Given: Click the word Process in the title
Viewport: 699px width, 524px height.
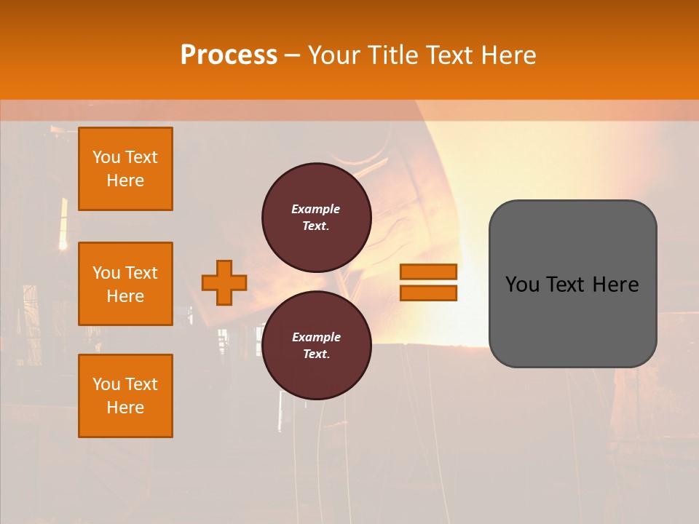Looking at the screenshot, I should point(229,55).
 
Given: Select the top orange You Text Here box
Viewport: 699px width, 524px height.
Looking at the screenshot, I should point(125,169).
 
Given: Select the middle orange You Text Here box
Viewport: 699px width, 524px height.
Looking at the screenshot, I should point(125,284).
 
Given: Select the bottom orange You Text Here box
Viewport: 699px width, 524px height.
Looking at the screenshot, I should point(125,396).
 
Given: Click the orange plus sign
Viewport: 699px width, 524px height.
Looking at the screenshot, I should point(224,282).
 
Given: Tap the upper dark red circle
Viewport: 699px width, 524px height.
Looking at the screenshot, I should point(316,218).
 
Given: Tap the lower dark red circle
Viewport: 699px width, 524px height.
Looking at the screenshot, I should point(316,346).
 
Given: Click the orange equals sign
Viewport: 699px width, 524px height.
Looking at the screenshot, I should point(428,282).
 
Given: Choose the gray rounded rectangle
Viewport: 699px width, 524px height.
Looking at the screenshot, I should point(572,284).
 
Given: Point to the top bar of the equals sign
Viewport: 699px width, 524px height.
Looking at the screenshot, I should point(428,272).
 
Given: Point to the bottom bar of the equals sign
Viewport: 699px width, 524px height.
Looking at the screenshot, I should point(428,293).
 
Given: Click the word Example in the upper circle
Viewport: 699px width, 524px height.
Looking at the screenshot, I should point(316,209).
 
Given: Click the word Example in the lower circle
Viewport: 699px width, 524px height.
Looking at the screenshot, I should point(316,337).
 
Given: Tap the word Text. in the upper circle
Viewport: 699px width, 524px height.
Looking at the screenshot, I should point(316,226).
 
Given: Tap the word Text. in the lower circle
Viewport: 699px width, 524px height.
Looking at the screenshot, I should point(316,354).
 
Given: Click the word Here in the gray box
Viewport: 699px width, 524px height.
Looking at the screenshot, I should point(615,285).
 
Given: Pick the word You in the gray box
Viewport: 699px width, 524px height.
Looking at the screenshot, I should point(522,285).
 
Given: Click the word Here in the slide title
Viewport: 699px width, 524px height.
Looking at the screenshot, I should point(508,55).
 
